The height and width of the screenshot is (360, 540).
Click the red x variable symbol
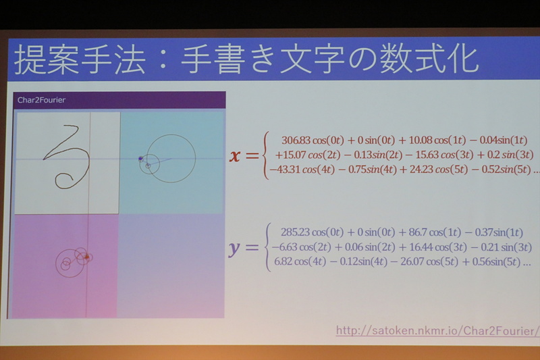click(x=235, y=156)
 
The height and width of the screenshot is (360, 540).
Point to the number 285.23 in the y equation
click(x=292, y=232)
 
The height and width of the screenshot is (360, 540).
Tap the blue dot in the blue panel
click(x=140, y=159)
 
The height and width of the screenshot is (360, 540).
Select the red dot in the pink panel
click(x=87, y=257)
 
